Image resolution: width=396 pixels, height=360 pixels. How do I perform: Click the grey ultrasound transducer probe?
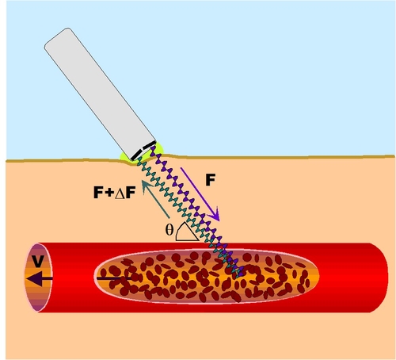pyautogui.click(x=100, y=93)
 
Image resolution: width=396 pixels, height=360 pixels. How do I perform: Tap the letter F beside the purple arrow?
pyautogui.click(x=211, y=180)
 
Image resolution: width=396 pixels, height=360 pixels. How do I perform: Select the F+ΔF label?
pyautogui.click(x=115, y=192)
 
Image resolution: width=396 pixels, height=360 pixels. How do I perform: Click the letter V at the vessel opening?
pyautogui.click(x=38, y=261)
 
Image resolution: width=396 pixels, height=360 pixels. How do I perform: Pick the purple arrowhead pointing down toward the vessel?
pyautogui.click(x=215, y=215)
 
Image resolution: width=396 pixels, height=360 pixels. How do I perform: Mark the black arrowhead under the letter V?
pyautogui.click(x=35, y=278)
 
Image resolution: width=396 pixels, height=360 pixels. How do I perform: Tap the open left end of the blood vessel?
pyautogui.click(x=39, y=278)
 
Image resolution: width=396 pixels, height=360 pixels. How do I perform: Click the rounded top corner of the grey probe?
pyautogui.click(x=67, y=29)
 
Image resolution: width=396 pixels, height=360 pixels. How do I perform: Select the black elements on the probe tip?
pyautogui.click(x=143, y=151)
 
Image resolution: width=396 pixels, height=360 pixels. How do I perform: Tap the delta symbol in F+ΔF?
pyautogui.click(x=120, y=193)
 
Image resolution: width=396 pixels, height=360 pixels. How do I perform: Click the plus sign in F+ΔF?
pyautogui.click(x=109, y=193)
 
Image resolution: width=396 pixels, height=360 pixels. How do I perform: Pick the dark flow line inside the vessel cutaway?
pyautogui.click(x=113, y=278)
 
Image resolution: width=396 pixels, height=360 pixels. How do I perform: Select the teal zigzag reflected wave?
pyautogui.click(x=188, y=216)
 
